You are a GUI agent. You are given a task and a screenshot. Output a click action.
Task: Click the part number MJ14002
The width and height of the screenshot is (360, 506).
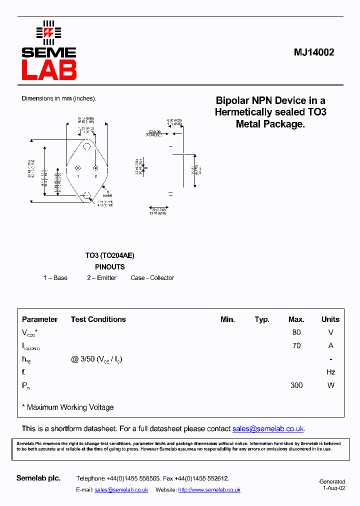click(313, 52)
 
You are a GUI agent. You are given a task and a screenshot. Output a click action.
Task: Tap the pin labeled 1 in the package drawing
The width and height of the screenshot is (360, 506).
click(77, 168)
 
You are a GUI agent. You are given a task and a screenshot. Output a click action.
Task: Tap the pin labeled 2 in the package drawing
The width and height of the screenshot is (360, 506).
click(95, 168)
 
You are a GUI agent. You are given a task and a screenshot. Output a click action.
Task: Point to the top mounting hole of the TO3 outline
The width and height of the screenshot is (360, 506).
click(87, 146)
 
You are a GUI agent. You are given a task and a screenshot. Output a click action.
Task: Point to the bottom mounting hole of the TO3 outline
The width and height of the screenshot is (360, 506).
click(87, 195)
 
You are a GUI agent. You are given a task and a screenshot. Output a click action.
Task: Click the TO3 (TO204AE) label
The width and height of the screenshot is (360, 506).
click(109, 255)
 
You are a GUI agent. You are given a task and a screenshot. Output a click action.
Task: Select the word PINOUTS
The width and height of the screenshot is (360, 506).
click(109, 267)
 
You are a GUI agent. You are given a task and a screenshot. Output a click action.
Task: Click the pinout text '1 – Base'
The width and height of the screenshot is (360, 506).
click(55, 278)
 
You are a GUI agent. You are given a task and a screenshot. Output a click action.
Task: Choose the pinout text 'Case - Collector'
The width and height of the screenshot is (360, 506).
click(152, 278)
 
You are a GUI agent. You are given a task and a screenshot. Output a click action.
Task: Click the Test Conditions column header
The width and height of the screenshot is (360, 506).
click(98, 319)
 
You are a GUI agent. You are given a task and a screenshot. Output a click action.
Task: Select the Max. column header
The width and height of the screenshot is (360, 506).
click(296, 319)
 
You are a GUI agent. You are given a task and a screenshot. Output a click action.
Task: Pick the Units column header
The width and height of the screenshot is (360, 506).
click(330, 319)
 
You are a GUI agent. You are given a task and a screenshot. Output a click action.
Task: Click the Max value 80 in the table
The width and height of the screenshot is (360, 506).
click(296, 332)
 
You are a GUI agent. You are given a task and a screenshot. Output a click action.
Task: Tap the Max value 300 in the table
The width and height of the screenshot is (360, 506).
click(296, 385)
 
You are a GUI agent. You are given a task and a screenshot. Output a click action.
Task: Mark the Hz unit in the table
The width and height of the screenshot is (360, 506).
click(330, 372)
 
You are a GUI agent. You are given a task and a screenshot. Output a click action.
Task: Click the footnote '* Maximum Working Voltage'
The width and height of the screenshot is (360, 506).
click(68, 407)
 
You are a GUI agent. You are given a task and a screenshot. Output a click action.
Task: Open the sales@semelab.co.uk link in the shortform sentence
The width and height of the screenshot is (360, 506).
click(268, 429)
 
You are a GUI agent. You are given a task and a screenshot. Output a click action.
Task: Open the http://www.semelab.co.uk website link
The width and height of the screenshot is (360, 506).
click(209, 490)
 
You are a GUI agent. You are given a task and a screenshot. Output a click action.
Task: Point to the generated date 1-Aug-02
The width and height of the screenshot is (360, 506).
click(333, 488)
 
